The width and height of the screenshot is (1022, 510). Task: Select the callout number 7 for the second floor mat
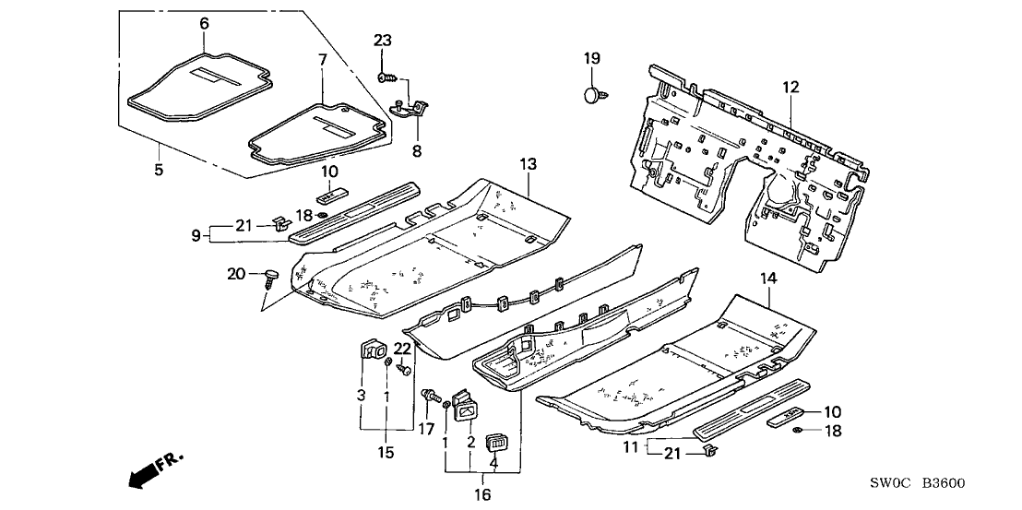(322, 60)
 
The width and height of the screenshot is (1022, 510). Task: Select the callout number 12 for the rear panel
(790, 87)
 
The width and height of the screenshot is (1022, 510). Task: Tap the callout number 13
(527, 163)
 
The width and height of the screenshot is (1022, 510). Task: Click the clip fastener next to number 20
(270, 275)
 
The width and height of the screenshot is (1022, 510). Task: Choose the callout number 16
(482, 495)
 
